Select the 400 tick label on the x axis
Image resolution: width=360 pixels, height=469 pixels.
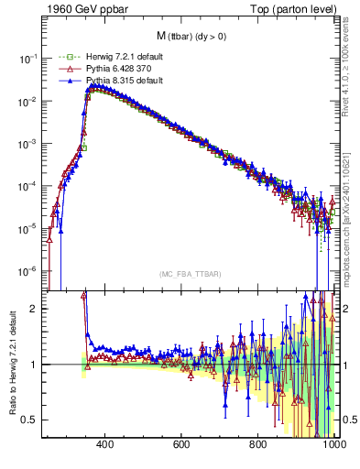[x=104, y=445]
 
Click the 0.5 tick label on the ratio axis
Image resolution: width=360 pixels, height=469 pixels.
[x=31, y=420]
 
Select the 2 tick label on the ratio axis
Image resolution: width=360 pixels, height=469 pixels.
[x=37, y=309]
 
